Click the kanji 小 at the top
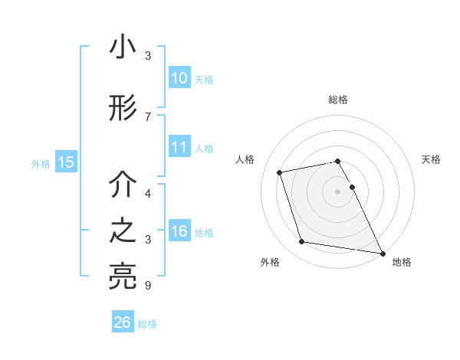tap(123, 47)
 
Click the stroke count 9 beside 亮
tap(148, 286)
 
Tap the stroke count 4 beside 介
tap(148, 194)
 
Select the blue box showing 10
tap(179, 78)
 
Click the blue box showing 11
tap(179, 147)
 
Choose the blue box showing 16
tap(179, 231)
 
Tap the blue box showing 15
tap(66, 162)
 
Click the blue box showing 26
tap(123, 322)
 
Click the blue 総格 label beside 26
tap(148, 324)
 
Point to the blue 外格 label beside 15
tap(41, 163)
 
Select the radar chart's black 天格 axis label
tap(432, 159)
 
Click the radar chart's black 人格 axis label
tap(245, 159)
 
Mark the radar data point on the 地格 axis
tap(381, 253)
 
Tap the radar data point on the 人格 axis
tap(280, 172)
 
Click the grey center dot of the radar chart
tap(338, 191)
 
